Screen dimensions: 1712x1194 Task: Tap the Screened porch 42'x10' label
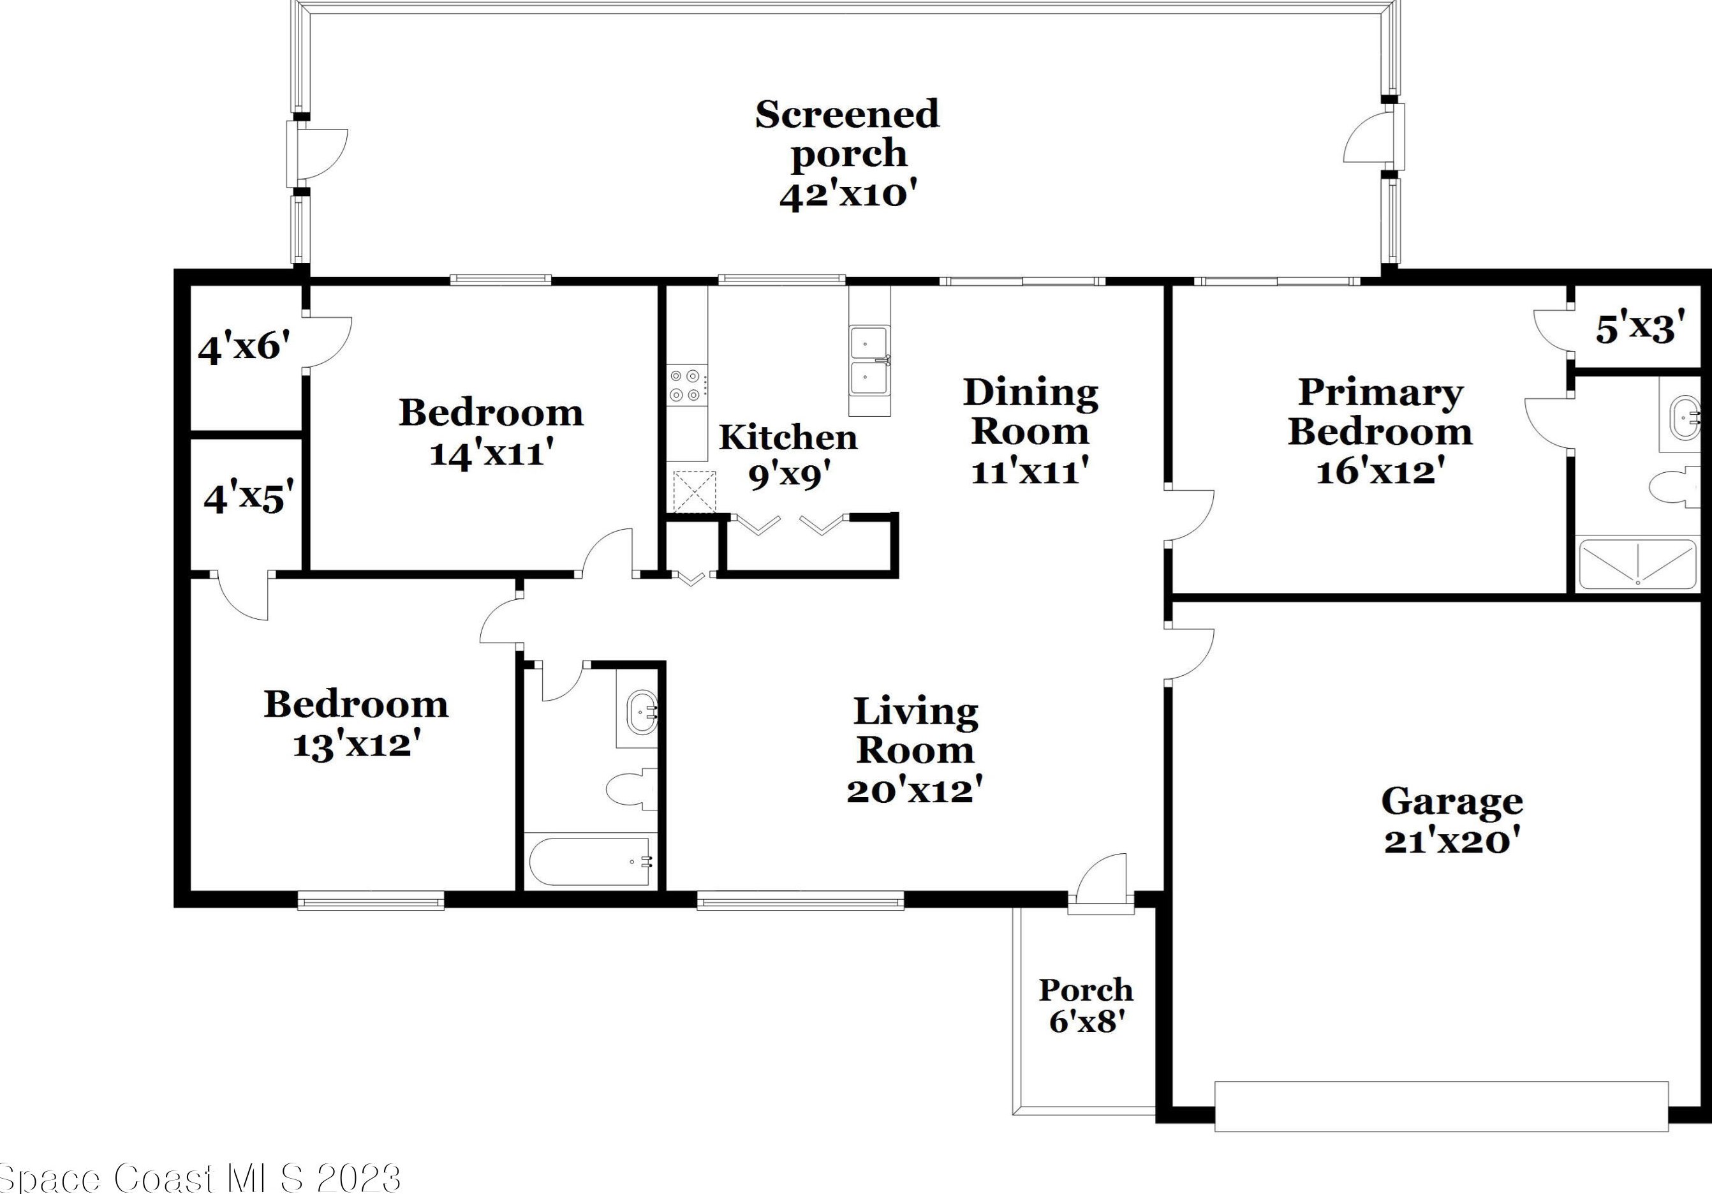coord(847,154)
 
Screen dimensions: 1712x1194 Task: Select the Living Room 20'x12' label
coord(915,750)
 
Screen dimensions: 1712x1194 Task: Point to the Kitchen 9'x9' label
coord(788,456)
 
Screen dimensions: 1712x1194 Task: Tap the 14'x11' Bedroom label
coord(491,433)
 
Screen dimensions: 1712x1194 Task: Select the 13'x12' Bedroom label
coord(356,724)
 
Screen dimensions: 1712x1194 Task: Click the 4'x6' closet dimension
coord(244,348)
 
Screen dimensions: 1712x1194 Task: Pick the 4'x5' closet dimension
coord(248,497)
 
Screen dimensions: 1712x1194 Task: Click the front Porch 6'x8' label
coord(1086,1005)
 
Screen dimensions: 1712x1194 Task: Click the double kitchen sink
coord(869,361)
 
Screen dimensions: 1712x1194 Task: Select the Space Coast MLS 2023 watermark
coord(200,1178)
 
